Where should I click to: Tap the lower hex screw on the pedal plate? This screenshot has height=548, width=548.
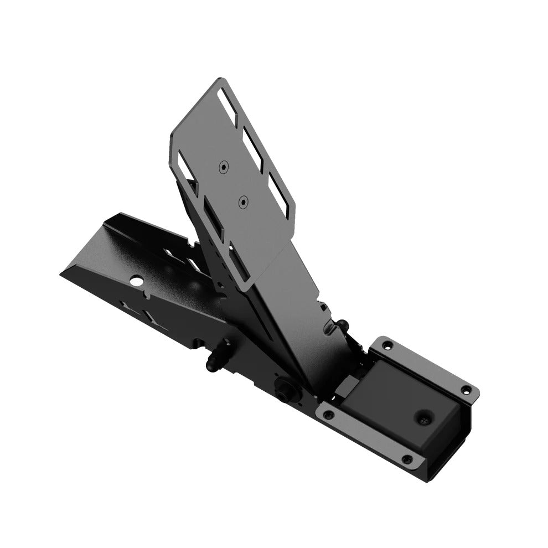coord(242,203)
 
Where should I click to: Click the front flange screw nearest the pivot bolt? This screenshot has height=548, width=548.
coord(329,412)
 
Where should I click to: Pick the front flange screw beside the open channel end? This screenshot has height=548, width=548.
coord(407,458)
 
